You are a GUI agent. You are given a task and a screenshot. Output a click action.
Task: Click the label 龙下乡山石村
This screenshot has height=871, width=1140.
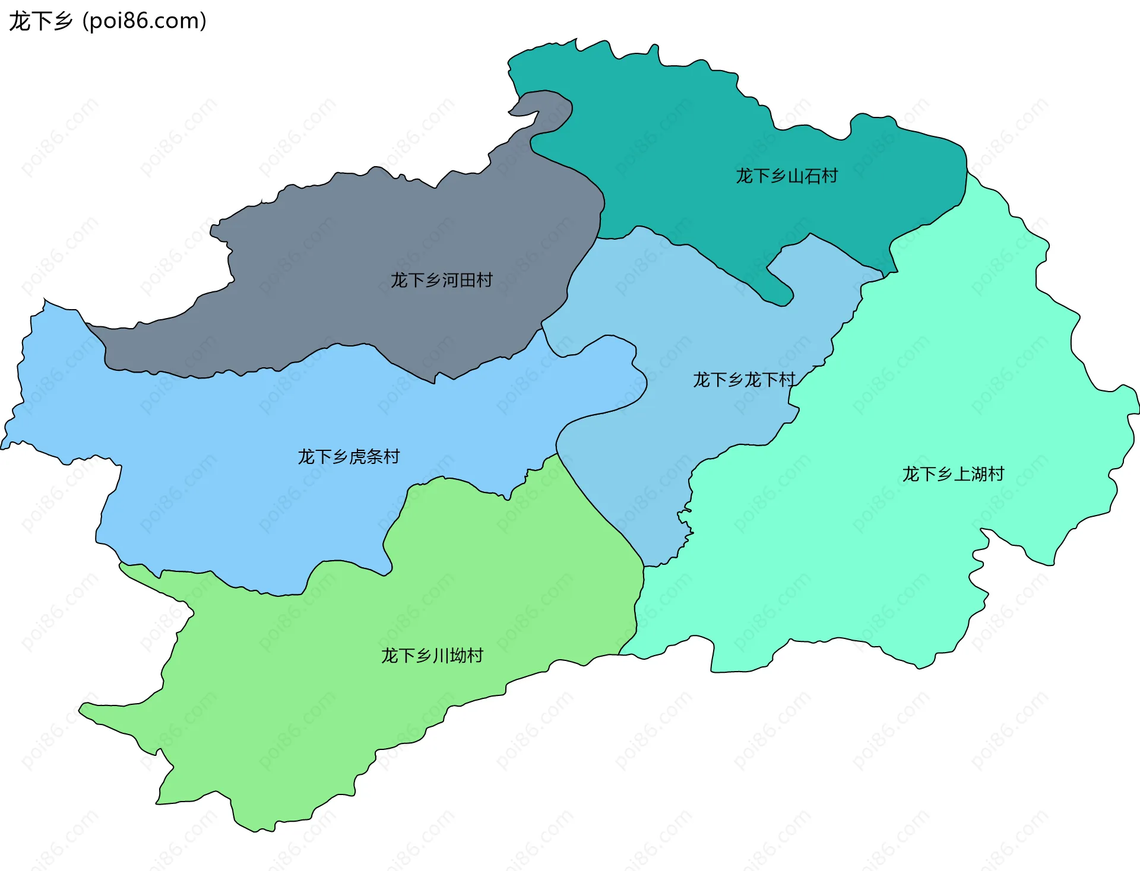[787, 176]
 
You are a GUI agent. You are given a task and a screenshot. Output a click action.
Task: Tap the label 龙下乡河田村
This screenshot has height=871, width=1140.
[441, 280]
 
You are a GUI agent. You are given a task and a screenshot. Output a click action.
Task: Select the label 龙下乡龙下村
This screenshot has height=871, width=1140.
[744, 380]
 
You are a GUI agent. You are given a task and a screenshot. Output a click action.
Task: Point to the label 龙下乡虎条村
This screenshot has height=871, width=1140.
[349, 457]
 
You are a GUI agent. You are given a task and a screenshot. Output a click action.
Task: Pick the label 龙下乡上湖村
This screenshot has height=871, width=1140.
[953, 474]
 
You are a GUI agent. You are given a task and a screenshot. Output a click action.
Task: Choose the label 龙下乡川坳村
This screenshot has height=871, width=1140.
[432, 656]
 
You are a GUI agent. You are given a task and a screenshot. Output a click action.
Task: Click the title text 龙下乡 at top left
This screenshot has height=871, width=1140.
[40, 21]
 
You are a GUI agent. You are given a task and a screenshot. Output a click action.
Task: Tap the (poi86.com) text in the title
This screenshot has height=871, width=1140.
[144, 21]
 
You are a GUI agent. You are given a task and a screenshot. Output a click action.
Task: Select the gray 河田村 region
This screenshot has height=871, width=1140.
[356, 237]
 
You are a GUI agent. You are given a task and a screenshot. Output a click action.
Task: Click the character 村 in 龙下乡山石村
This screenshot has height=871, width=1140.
[829, 176]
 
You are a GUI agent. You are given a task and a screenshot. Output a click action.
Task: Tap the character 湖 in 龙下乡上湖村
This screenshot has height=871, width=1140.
[978, 474]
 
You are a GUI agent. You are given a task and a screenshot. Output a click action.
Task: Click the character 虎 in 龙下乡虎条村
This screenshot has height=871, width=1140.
[357, 457]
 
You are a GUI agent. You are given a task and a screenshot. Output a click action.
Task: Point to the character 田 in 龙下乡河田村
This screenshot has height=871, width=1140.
[467, 280]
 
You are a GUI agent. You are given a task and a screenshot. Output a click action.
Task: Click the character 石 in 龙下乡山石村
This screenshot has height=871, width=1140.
[812, 176]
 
